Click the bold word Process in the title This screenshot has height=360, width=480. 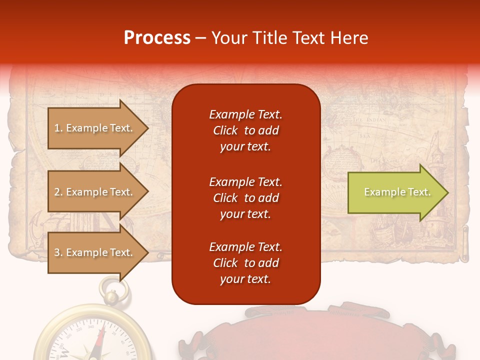(x=157, y=37)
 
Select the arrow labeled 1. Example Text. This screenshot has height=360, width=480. (x=97, y=128)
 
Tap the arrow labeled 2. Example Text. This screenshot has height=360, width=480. (x=97, y=192)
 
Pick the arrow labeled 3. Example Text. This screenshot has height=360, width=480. (x=97, y=252)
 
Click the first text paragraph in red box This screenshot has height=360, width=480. (x=245, y=130)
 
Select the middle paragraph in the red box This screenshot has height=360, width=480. (x=245, y=198)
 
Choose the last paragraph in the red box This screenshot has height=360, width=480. (x=245, y=263)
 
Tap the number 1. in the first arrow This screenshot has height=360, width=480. (x=58, y=128)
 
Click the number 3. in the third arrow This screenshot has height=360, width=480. (x=58, y=252)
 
